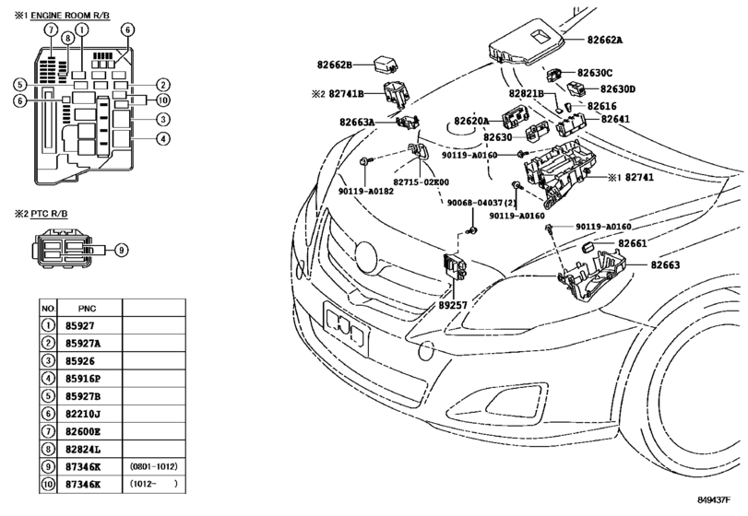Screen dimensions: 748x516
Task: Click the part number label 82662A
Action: (x=605, y=40)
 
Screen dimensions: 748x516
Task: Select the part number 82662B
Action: (x=335, y=64)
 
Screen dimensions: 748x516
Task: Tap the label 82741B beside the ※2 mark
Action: (x=347, y=94)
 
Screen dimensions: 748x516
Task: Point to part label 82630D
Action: (x=618, y=89)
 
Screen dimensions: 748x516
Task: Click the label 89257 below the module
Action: (x=453, y=305)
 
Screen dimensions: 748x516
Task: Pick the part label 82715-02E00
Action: (x=421, y=182)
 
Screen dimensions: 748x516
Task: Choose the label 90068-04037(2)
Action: (x=481, y=203)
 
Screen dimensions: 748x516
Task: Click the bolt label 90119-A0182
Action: (x=366, y=191)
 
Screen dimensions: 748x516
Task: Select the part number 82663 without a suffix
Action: (x=665, y=264)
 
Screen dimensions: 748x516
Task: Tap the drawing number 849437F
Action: (x=714, y=499)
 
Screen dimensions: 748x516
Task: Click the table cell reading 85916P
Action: (x=83, y=379)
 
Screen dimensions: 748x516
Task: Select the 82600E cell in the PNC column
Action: (x=83, y=431)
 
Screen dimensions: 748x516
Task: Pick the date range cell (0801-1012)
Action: (x=154, y=466)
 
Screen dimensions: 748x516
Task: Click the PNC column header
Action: (x=88, y=309)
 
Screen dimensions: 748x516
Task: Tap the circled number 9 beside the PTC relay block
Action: (x=122, y=249)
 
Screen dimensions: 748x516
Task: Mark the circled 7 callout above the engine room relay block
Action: (x=51, y=29)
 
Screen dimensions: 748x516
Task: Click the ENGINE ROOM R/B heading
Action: (x=70, y=16)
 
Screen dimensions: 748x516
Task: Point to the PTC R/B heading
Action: (x=49, y=214)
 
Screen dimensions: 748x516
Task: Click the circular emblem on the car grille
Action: (x=366, y=257)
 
